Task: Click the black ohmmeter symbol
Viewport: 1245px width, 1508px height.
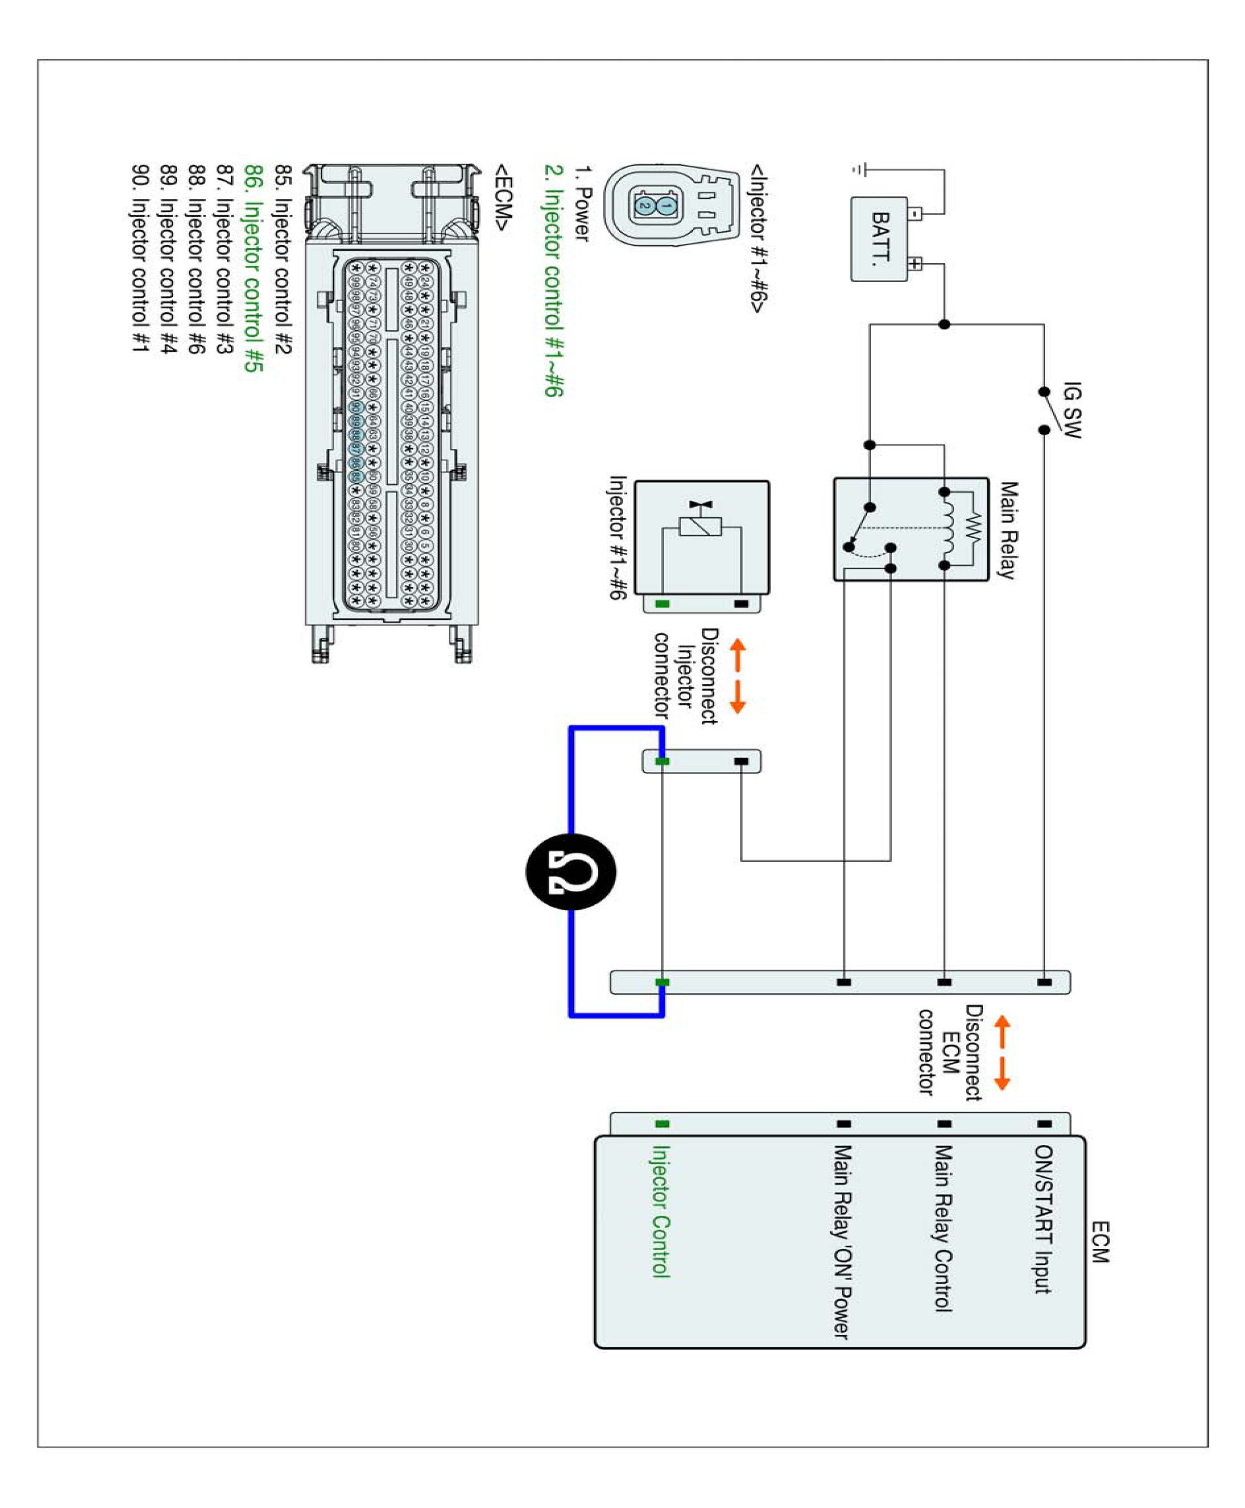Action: coord(571,872)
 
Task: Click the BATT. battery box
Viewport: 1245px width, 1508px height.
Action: coord(879,239)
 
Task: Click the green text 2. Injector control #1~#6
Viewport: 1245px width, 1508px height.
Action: coord(554,280)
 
